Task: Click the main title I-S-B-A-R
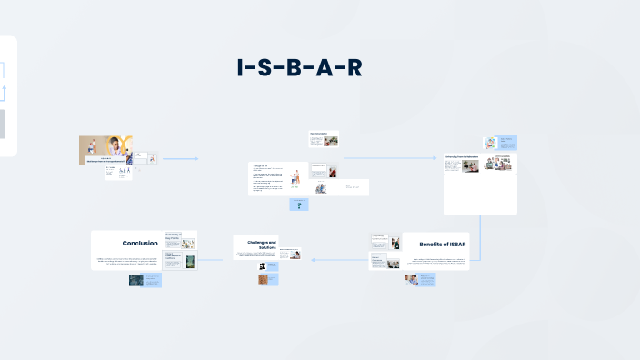(x=299, y=68)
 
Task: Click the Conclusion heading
(x=140, y=243)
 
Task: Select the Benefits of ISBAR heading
(x=443, y=245)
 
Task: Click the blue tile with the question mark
(x=299, y=205)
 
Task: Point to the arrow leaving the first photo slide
(x=181, y=159)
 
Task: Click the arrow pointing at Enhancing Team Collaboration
(x=391, y=158)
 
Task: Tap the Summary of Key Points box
(x=180, y=240)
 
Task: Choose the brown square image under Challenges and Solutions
(x=265, y=279)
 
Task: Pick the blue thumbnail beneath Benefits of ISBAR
(x=420, y=280)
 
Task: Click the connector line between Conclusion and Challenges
(x=215, y=261)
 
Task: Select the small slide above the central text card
(x=324, y=138)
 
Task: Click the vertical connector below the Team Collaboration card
(x=479, y=238)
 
